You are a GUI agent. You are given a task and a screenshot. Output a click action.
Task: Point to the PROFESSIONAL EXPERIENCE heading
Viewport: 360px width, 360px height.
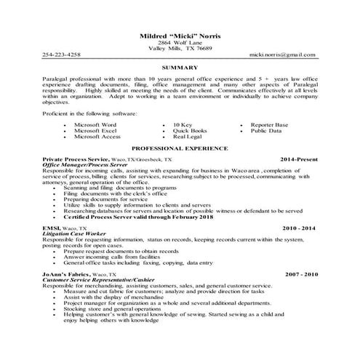180,147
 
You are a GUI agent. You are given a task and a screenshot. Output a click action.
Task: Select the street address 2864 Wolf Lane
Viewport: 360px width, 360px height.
180,44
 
